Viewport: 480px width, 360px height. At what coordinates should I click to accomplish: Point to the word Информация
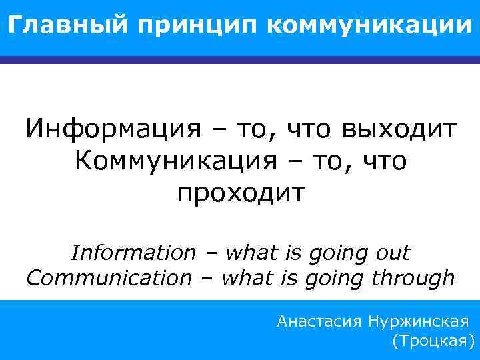(x=113, y=129)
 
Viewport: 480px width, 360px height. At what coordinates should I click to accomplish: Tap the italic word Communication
(x=109, y=278)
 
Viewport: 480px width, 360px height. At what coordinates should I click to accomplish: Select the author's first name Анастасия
(x=317, y=323)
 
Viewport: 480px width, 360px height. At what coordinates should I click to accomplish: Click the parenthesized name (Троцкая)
(x=433, y=343)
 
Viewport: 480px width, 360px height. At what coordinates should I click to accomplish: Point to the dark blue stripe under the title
(x=240, y=60)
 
